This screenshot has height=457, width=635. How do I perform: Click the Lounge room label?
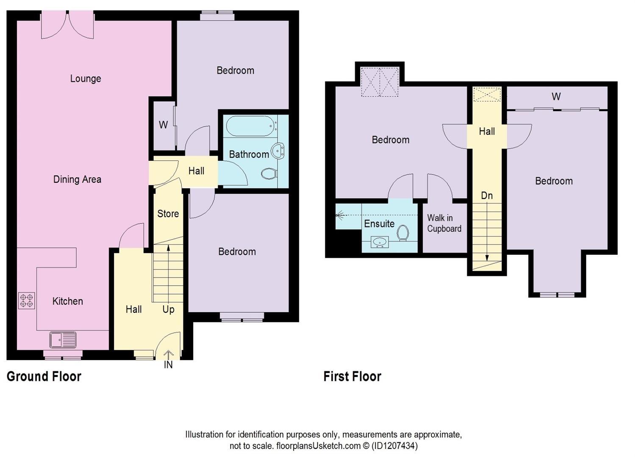point(86,79)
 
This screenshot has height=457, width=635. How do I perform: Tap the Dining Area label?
point(77,179)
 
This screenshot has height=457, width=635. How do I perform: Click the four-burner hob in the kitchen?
point(26,301)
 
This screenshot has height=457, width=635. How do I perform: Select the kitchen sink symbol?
point(63,340)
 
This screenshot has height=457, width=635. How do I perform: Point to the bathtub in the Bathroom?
point(251,126)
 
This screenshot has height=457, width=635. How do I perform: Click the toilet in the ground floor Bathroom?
point(269,173)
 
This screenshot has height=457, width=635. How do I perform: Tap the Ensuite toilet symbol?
point(403,233)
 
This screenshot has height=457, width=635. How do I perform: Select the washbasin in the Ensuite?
point(380,242)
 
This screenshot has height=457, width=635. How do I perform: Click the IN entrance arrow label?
point(168,364)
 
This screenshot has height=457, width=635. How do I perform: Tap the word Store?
point(168,214)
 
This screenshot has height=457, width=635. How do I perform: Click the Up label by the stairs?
point(168,309)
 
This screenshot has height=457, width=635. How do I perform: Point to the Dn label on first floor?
point(487,195)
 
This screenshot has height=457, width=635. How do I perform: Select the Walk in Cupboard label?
point(444,223)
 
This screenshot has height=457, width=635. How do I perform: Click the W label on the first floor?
point(556,97)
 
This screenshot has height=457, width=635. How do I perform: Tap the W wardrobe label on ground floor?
point(163,125)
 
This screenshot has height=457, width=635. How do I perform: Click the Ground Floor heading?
point(44,376)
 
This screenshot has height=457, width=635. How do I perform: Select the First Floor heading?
point(352,376)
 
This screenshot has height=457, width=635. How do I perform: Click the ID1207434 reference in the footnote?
point(394,446)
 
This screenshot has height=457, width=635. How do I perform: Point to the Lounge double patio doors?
point(67,25)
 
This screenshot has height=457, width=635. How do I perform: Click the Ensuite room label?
point(379,223)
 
